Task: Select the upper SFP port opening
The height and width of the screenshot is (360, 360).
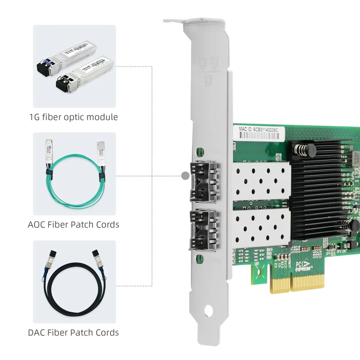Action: point(204,182)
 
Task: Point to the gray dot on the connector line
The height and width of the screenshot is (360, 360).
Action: point(184,176)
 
